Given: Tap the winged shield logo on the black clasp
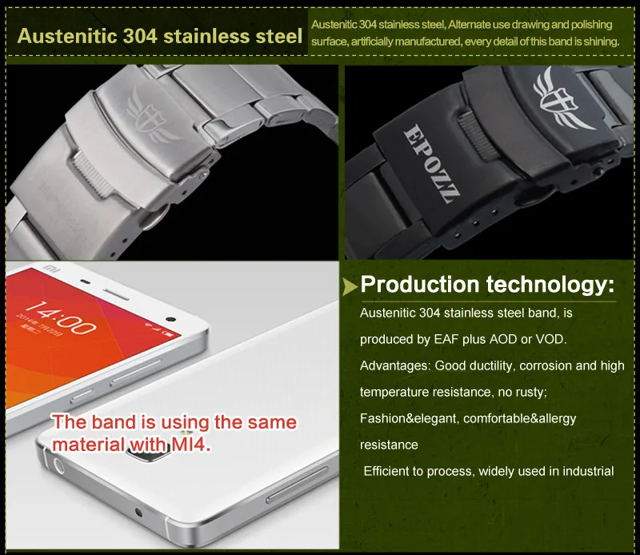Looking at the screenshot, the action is (562, 98).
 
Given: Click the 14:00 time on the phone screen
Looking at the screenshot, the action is (62, 317).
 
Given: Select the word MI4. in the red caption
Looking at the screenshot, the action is (191, 445).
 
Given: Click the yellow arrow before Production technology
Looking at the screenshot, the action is (350, 286).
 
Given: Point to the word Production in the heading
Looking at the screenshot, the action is (419, 285).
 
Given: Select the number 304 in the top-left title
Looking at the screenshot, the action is (140, 36).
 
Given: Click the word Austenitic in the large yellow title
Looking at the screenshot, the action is (67, 36).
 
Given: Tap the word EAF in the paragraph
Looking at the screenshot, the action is (446, 339).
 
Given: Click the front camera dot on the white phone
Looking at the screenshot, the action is (171, 319).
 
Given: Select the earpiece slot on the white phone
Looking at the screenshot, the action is (115, 294).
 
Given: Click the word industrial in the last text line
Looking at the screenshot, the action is (588, 471).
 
